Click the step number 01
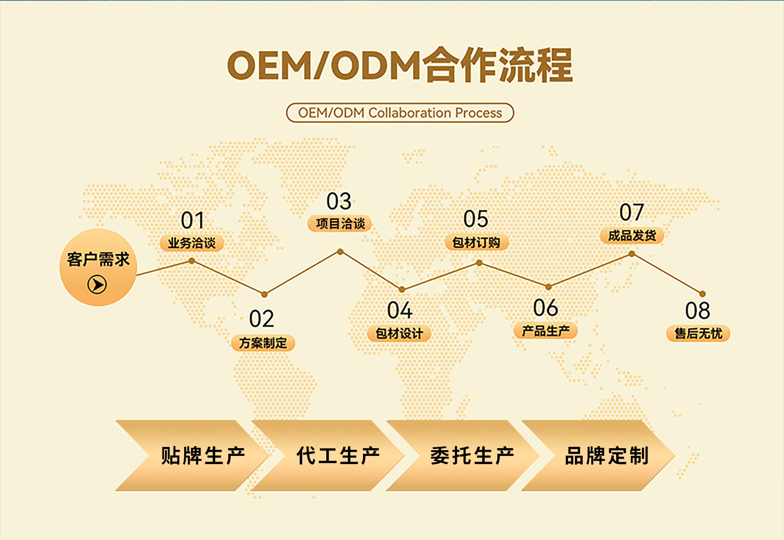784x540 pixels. click(x=192, y=220)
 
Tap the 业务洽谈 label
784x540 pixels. click(x=192, y=243)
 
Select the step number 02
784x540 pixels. click(x=262, y=319)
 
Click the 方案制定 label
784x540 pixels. click(x=263, y=343)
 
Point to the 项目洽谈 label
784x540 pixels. click(x=340, y=224)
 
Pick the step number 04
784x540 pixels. click(x=400, y=310)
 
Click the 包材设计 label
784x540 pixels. click(x=399, y=333)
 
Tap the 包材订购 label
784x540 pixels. click(x=476, y=242)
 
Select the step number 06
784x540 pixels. click(x=546, y=308)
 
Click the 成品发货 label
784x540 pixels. click(x=632, y=236)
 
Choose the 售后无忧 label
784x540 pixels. click(x=698, y=333)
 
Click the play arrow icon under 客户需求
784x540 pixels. click(x=97, y=284)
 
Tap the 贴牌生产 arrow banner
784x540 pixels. click(x=192, y=456)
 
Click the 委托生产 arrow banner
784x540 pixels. click(x=463, y=456)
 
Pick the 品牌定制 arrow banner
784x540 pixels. click(x=598, y=456)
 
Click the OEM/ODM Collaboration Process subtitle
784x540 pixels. click(x=400, y=113)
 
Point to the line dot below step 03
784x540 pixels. click(x=340, y=252)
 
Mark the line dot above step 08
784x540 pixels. click(x=702, y=294)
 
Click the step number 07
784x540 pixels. click(x=632, y=212)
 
